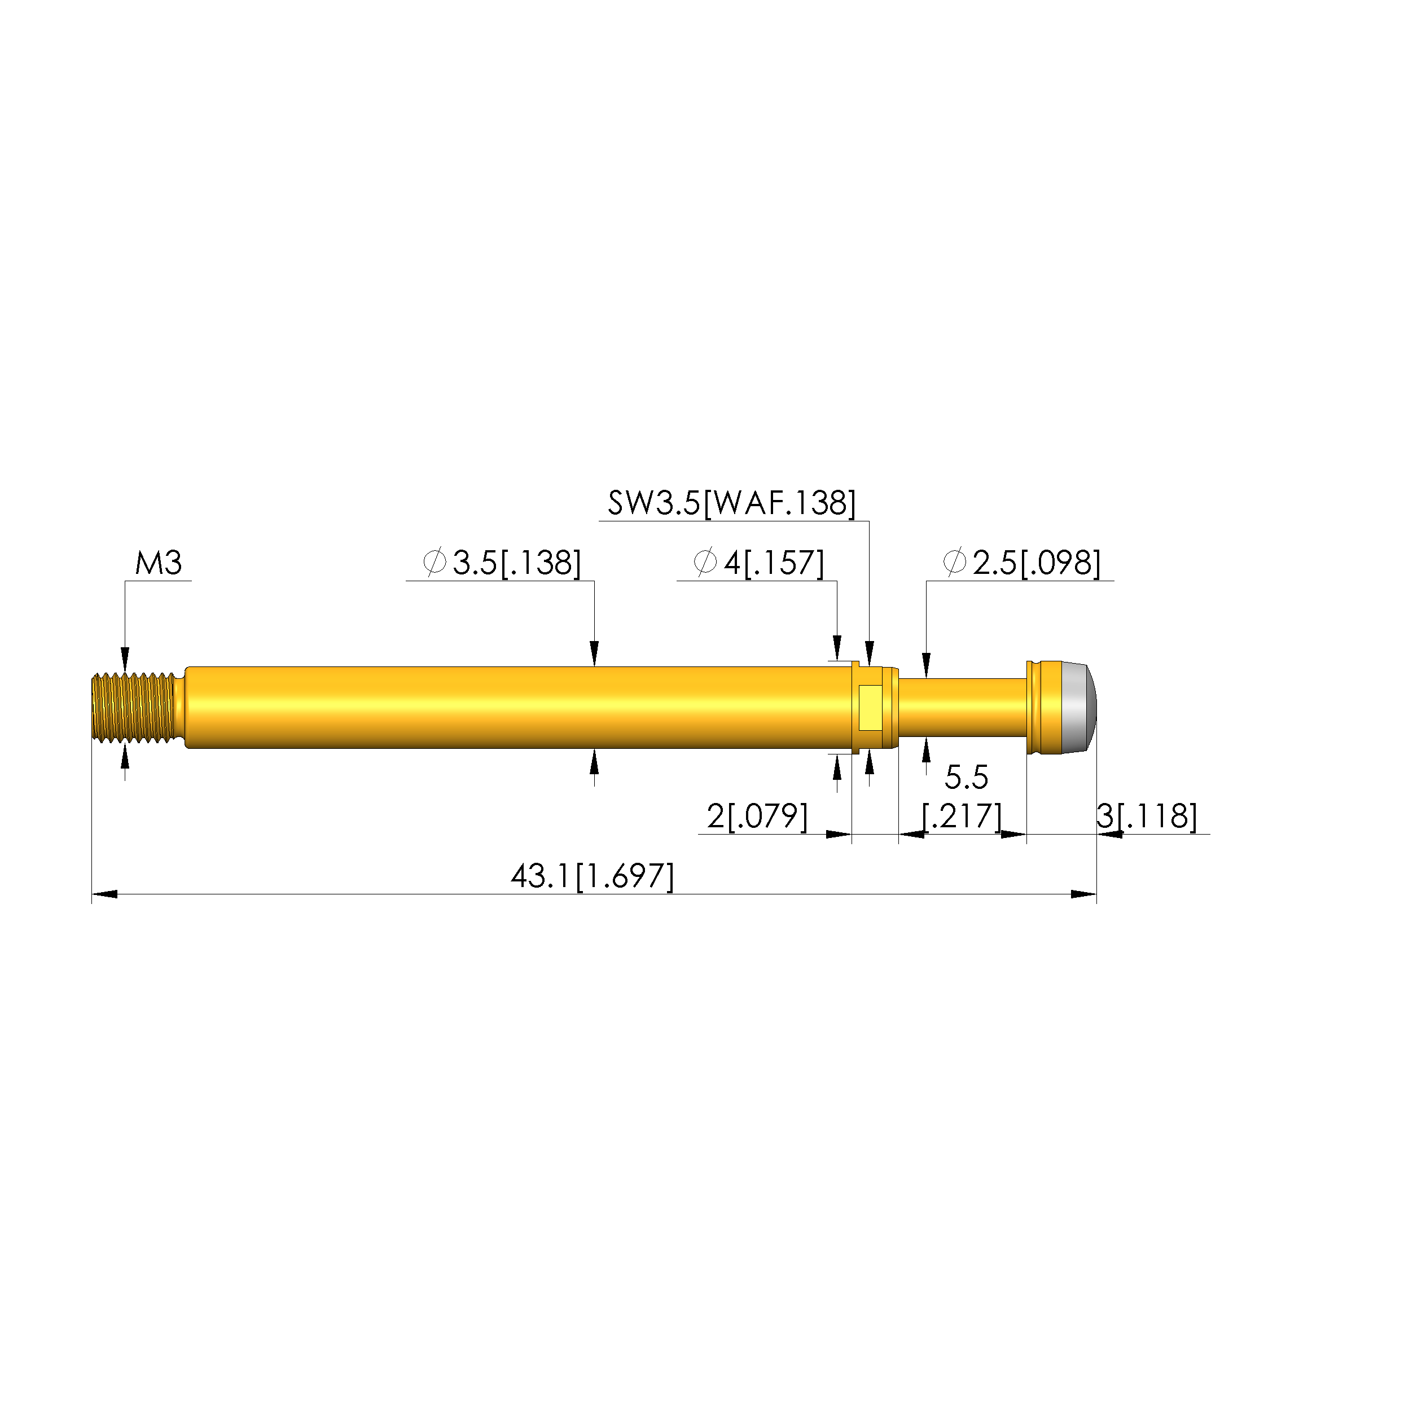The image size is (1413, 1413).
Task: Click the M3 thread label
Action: (x=159, y=563)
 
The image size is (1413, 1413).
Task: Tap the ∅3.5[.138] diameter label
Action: (x=502, y=563)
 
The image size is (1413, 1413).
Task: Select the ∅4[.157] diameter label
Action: (x=758, y=563)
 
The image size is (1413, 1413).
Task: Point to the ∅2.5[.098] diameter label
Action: (x=1022, y=563)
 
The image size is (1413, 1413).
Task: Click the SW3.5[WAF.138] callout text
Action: (x=731, y=503)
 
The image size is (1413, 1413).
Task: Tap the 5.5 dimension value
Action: (x=966, y=778)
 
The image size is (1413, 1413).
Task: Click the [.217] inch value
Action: (x=962, y=816)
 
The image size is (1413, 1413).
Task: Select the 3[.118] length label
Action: (x=1147, y=816)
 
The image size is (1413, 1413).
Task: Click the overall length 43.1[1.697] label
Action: (x=593, y=876)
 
